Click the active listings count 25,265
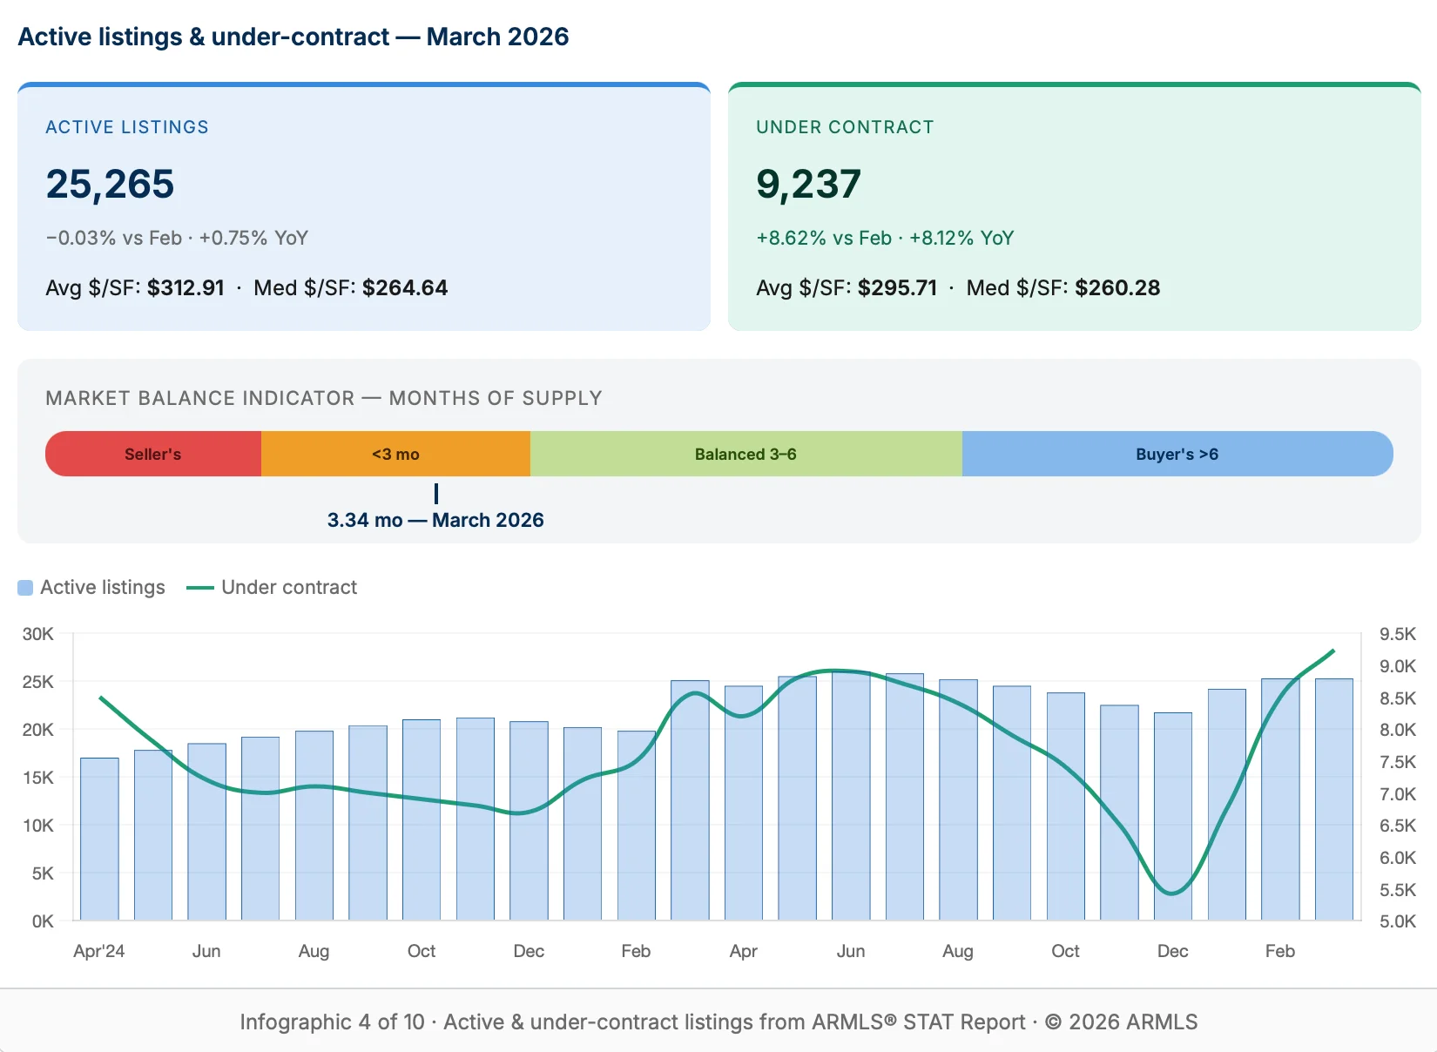pos(110,184)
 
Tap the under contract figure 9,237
pos(808,184)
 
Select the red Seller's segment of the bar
pos(153,454)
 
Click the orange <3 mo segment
pos(395,454)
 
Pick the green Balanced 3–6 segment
pos(745,454)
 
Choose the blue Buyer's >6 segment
pos(1177,454)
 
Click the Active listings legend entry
pos(91,587)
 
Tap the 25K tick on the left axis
pos(37,682)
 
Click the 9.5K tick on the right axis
pos(1397,634)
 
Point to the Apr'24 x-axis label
pos(98,951)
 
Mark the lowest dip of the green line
pos(1172,893)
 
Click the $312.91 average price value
pos(186,287)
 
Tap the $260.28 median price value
pos(1117,287)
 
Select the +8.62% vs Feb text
pos(824,238)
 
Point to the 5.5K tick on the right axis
pos(1397,889)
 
